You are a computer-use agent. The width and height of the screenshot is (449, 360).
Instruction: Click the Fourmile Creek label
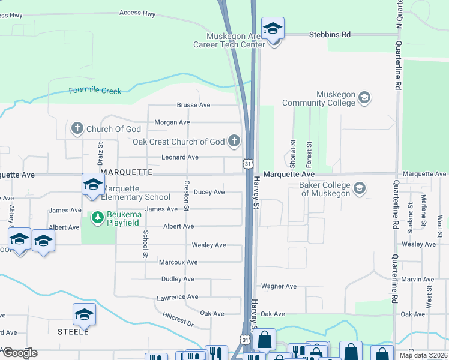[x=95, y=91]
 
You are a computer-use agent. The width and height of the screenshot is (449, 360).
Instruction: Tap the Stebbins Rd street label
[x=330, y=35]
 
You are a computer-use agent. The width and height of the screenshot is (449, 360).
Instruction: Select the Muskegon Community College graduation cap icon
[x=364, y=97]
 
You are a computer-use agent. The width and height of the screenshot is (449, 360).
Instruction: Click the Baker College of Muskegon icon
[x=360, y=188]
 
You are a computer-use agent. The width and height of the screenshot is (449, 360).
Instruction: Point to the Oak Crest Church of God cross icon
[x=234, y=142]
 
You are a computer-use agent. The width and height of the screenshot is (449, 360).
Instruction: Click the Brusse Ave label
[x=193, y=105]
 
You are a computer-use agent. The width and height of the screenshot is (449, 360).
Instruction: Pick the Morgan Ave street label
[x=172, y=122]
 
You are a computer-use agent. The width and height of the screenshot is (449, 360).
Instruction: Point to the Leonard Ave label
[x=180, y=157]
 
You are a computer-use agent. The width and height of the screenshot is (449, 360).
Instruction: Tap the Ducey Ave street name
[x=209, y=192]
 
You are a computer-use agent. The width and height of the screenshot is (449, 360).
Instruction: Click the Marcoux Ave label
[x=178, y=262]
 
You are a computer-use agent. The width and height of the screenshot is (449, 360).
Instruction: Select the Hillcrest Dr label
[x=178, y=319]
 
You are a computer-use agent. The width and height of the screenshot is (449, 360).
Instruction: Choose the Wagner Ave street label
[x=279, y=287]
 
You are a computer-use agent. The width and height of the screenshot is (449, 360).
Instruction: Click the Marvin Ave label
[x=417, y=280]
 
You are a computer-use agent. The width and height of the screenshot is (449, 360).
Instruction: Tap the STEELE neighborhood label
[x=73, y=331]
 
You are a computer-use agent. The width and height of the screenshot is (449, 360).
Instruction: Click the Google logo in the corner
[x=19, y=353]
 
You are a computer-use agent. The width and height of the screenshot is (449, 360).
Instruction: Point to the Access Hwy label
[x=137, y=13]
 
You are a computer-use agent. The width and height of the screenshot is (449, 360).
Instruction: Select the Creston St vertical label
[x=187, y=196]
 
